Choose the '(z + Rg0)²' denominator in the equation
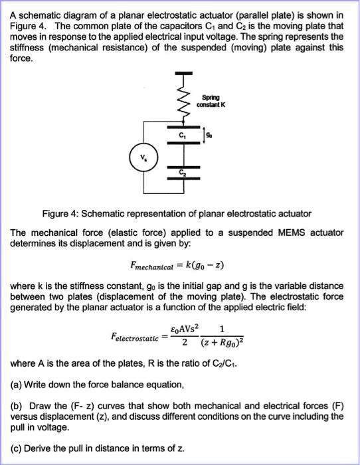221,343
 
